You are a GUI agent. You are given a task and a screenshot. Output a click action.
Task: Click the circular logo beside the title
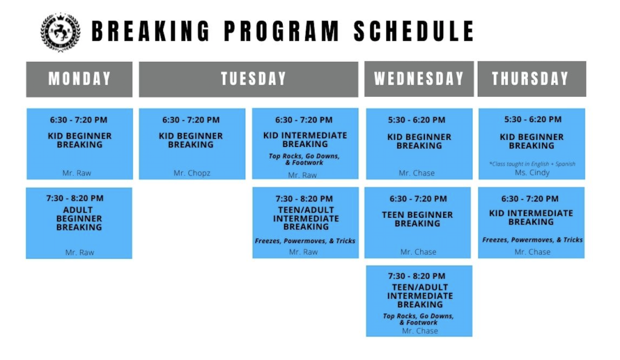tap(60, 31)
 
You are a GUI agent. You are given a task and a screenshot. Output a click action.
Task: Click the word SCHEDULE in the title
tap(414, 31)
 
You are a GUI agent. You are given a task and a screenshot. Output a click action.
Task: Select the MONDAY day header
tap(79, 79)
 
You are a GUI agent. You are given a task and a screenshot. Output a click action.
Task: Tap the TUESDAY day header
tap(253, 79)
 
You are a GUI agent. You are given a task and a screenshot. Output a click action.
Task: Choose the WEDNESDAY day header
tap(418, 79)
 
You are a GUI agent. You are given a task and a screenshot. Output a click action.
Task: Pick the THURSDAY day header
tap(531, 79)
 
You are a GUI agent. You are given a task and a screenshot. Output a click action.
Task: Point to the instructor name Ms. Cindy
tap(532, 172)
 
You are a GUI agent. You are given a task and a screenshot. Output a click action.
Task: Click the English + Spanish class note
tap(532, 164)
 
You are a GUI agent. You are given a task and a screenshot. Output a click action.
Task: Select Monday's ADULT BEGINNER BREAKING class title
tap(79, 218)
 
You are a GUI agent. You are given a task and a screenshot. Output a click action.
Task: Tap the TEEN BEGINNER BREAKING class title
tap(417, 219)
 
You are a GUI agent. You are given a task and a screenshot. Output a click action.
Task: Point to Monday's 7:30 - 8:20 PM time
tap(75, 198)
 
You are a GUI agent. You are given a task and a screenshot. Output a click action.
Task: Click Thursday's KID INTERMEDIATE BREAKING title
tap(531, 217)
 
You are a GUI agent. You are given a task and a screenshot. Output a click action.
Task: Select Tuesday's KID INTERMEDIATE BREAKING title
tap(305, 140)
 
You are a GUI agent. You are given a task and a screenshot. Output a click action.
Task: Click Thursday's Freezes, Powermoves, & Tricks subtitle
tap(532, 240)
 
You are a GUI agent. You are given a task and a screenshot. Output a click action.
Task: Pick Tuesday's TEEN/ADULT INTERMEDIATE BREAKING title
tap(306, 218)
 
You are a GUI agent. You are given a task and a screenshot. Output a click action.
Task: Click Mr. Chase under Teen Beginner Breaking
tap(418, 252)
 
